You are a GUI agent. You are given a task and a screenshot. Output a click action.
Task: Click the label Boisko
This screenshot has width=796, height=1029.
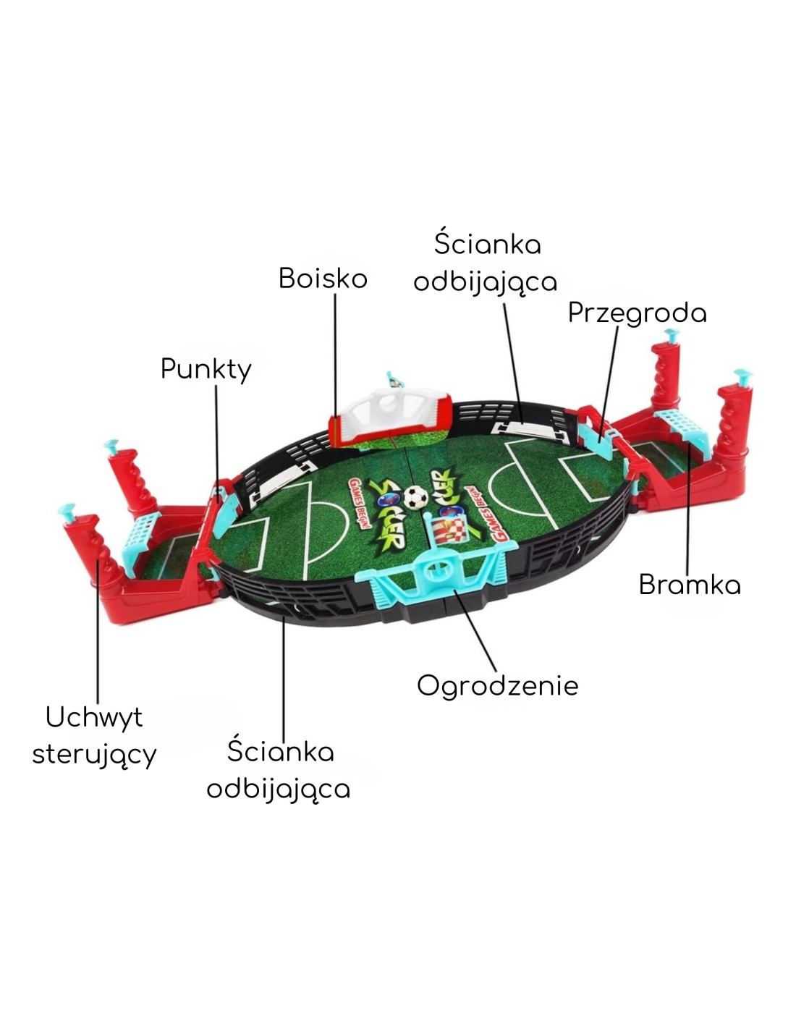tap(323, 279)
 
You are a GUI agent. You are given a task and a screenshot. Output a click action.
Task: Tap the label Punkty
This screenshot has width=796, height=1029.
tap(206, 369)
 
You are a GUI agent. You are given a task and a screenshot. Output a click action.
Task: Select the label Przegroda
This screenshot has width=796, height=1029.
tap(637, 313)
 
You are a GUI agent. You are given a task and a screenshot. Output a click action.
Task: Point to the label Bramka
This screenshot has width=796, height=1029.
tap(690, 585)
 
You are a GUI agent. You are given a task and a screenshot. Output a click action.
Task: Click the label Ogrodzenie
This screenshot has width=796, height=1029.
tap(497, 685)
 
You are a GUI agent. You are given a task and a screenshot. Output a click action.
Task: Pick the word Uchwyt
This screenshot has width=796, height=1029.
tap(94, 717)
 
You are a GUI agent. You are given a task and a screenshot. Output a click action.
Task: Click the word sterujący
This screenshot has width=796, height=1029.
tap(94, 754)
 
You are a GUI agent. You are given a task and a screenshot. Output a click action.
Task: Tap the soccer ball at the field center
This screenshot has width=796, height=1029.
tap(416, 497)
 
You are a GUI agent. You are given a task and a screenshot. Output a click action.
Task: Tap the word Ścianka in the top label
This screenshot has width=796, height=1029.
tap(487, 244)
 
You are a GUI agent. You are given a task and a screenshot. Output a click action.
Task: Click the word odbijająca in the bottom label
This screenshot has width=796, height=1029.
tap(279, 789)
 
